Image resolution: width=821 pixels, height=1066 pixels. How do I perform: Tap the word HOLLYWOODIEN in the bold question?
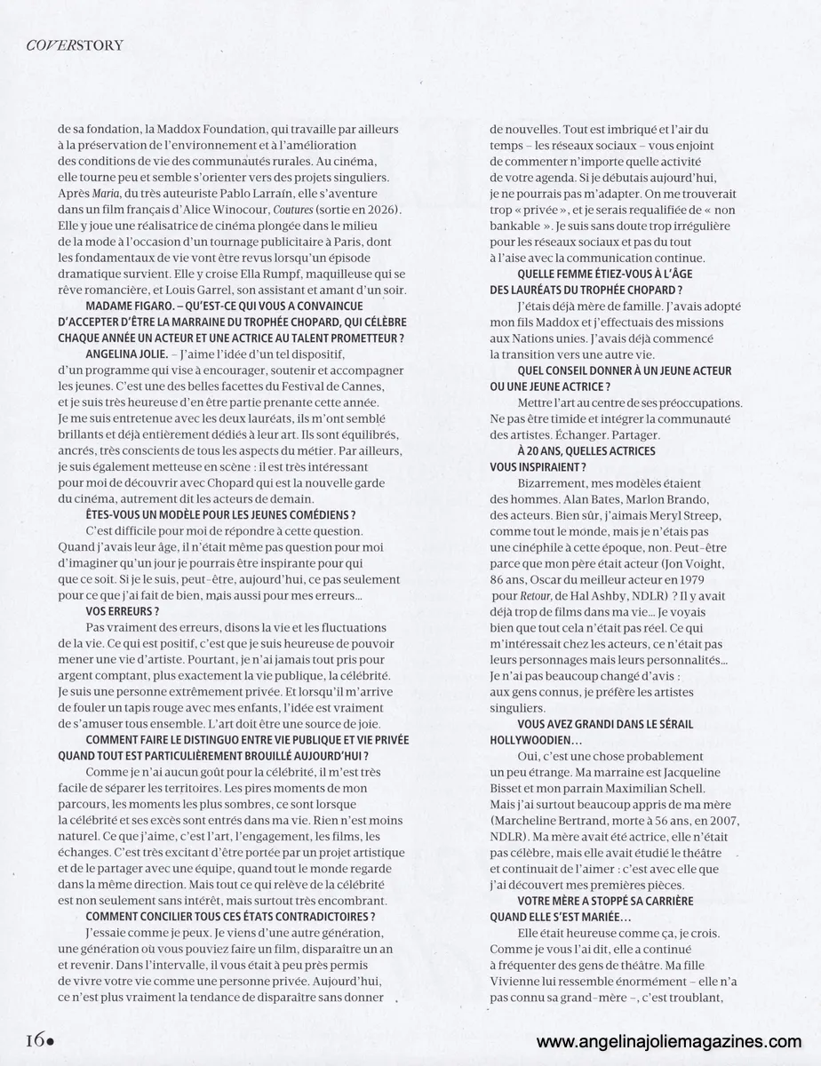tap(538, 739)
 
